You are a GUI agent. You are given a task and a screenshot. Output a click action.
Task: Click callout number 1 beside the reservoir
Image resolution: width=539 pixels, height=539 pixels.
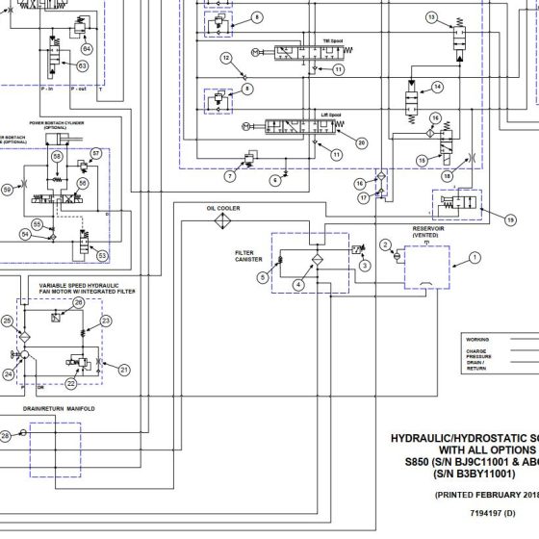pyautogui.click(x=474, y=257)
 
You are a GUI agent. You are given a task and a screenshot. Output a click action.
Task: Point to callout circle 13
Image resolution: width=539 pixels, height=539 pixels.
pyautogui.click(x=431, y=18)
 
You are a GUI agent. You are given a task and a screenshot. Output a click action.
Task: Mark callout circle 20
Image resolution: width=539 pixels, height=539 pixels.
pyautogui.click(x=362, y=142)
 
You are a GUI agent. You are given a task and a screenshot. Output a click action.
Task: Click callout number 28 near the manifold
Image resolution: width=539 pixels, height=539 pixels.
pyautogui.click(x=6, y=436)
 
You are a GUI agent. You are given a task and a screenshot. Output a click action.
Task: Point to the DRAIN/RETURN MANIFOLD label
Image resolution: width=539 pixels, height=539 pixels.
pyautogui.click(x=60, y=409)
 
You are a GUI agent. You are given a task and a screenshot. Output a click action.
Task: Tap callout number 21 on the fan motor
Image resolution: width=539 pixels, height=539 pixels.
pyautogui.click(x=123, y=369)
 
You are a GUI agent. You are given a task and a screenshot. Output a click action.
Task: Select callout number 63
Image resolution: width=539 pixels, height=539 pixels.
pyautogui.click(x=82, y=65)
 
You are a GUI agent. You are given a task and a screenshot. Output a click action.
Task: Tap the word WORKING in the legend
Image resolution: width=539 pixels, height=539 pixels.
pyautogui.click(x=477, y=340)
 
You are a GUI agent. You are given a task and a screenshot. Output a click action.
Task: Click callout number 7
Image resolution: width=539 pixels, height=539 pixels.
pyautogui.click(x=230, y=176)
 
